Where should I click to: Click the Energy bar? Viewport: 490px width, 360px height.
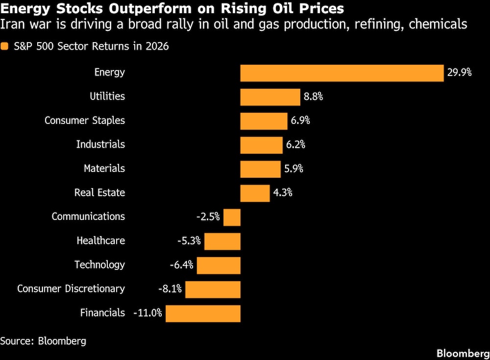tap(342, 73)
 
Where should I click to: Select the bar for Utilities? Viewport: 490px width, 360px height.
tap(270, 97)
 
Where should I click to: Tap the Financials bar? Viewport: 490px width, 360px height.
tap(203, 313)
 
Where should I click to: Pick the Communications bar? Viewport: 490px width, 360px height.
tap(232, 217)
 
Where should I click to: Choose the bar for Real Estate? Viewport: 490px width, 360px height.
tap(255, 193)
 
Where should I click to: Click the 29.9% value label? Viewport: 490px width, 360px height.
tap(459, 73)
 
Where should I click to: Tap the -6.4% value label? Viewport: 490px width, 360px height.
tap(181, 265)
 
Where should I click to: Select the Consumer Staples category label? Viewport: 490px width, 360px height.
tap(85, 120)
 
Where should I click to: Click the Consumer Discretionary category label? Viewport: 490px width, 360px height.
tap(71, 289)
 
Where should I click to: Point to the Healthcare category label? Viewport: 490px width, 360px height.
tap(100, 241)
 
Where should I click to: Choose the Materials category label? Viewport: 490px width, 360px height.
tap(104, 168)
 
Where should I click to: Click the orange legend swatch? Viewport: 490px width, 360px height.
tap(5, 47)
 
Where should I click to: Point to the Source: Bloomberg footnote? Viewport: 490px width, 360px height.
tap(43, 341)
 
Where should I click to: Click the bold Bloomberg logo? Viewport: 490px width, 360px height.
tap(463, 353)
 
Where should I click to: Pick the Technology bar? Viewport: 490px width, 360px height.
tap(219, 265)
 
